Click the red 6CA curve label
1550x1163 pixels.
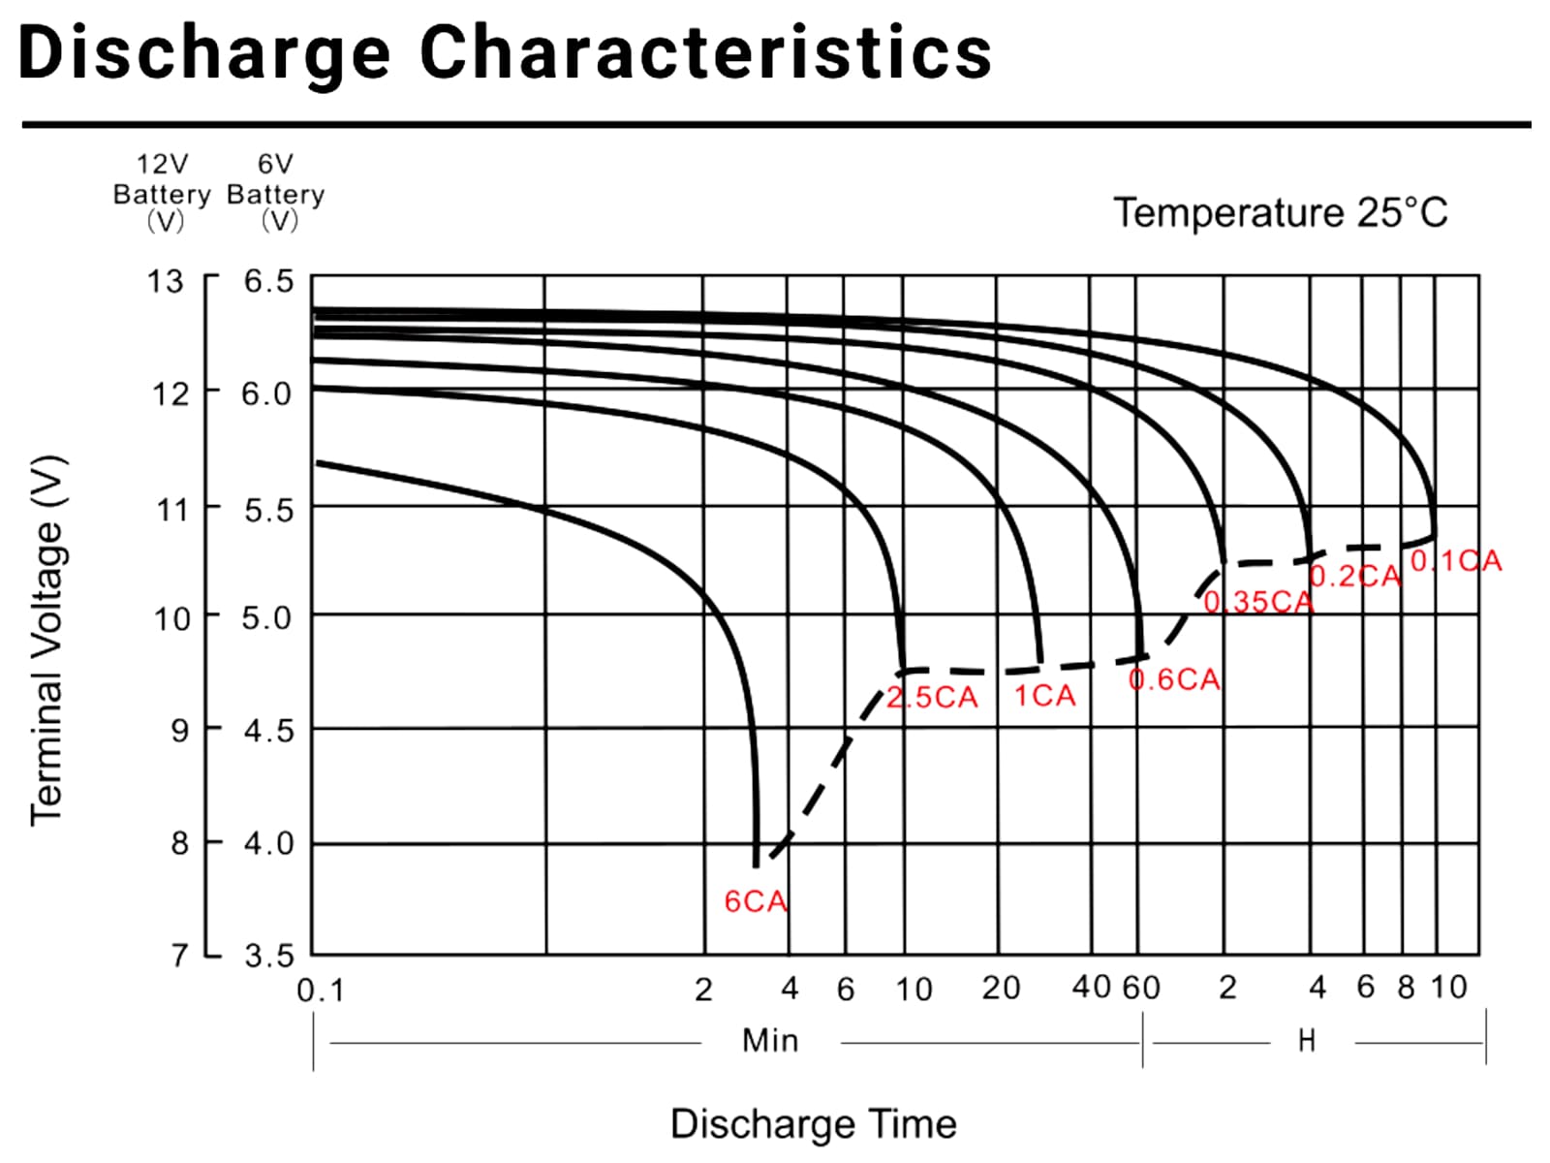(x=756, y=901)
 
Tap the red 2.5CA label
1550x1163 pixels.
(x=932, y=698)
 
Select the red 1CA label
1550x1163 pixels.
(x=1044, y=696)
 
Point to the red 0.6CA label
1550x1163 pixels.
(x=1174, y=679)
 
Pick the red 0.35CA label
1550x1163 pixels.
(x=1258, y=602)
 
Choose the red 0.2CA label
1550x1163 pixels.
(x=1355, y=577)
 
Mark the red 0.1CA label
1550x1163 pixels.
(x=1456, y=561)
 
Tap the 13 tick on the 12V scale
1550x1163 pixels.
(x=165, y=281)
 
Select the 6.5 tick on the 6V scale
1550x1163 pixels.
(x=267, y=281)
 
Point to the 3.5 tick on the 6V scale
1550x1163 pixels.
(x=267, y=957)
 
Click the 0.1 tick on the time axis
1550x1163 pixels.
(x=320, y=990)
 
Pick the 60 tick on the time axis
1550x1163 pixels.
(x=1141, y=988)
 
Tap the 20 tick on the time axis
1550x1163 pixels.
(x=1001, y=988)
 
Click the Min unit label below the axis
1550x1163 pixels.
(x=770, y=1041)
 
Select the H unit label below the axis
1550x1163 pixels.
(x=1307, y=1041)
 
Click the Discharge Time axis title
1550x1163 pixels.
(x=813, y=1124)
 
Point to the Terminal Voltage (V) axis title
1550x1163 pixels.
(x=46, y=640)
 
